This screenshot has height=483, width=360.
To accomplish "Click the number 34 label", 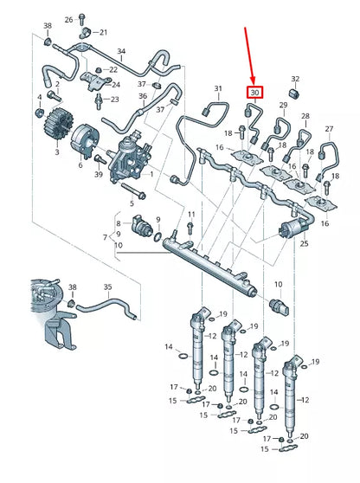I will (121, 52).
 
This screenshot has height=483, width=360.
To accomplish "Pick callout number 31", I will (218, 89).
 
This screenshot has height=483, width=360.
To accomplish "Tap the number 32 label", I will (295, 79).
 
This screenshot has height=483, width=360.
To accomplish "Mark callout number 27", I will (329, 129).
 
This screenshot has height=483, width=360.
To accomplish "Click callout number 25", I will (304, 245).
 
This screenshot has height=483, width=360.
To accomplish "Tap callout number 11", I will (191, 213).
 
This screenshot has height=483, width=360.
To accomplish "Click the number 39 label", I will (98, 175).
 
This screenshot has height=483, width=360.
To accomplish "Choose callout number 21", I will (103, 32).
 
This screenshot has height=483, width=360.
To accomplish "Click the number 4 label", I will (38, 96).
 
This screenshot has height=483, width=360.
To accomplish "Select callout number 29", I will (282, 105).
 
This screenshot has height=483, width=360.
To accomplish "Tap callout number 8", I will (119, 222).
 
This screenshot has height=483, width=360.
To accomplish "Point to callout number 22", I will (112, 70).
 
